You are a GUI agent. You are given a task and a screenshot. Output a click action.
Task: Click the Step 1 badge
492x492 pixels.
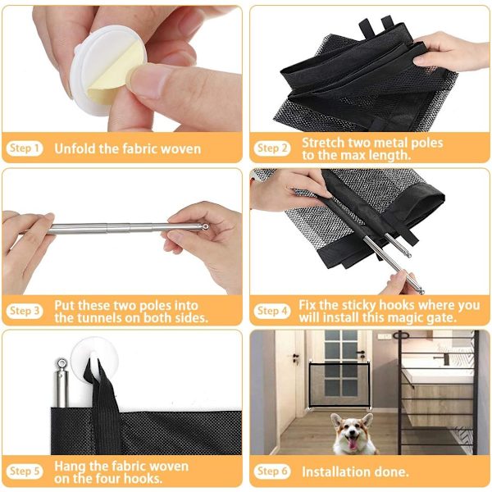25,148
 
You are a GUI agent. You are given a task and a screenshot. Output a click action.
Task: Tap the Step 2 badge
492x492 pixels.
272,148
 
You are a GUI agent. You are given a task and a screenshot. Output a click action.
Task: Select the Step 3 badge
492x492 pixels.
25,311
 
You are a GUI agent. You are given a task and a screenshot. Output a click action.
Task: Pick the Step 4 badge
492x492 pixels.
272,311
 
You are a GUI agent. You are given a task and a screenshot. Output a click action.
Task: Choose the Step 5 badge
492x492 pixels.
25,471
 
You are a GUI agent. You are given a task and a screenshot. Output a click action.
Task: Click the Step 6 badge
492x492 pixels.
272,471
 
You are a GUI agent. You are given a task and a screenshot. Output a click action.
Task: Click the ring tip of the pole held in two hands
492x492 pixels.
205,226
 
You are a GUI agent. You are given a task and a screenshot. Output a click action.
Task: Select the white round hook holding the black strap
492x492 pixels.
94,356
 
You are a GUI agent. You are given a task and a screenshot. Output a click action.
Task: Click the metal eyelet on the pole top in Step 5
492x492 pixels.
61,364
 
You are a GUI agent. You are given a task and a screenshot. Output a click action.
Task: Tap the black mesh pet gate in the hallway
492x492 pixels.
339,384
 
